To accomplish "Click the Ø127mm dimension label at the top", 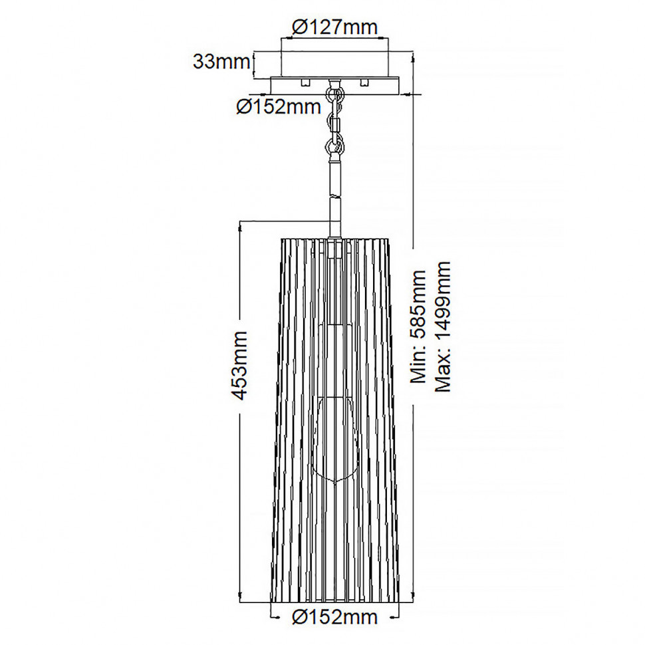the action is [334, 27].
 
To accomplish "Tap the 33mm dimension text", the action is [221, 62].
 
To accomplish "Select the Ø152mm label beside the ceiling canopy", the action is [279, 107].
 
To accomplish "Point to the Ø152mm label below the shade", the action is [334, 617].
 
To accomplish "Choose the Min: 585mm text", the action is [419, 326].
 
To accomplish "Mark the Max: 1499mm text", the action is [443, 326].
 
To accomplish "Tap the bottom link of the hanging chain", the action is [335, 147].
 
